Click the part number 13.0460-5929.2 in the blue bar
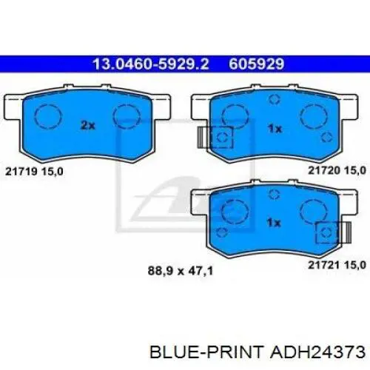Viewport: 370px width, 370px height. click(151, 64)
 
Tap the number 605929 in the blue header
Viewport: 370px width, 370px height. click(257, 64)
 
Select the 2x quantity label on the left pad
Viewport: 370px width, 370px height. click(88, 126)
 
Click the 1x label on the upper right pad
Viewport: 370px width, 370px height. click(275, 129)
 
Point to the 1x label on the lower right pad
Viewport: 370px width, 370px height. click(274, 223)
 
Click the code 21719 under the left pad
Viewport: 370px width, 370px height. click(21, 172)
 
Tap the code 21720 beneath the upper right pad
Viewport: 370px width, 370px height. click(324, 170)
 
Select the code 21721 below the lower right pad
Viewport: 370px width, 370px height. click(324, 265)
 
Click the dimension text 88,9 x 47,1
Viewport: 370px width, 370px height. click(181, 271)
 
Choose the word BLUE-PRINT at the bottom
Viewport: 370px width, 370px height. click(206, 352)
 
